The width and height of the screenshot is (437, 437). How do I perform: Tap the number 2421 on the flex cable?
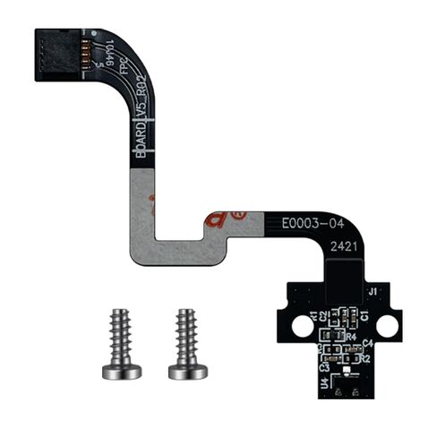(x=345, y=244)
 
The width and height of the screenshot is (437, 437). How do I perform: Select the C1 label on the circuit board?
(x=365, y=315)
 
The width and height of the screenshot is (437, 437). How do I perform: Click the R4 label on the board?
(x=328, y=337)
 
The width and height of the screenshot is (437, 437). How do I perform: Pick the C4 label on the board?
(x=367, y=344)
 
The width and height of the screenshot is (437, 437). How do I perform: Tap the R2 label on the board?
(x=365, y=358)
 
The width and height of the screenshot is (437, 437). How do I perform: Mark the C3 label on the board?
(x=324, y=367)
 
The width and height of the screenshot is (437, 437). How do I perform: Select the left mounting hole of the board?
(x=303, y=329)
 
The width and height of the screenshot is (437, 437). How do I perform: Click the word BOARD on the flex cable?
(x=140, y=141)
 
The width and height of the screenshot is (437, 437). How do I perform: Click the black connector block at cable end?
(x=57, y=55)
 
